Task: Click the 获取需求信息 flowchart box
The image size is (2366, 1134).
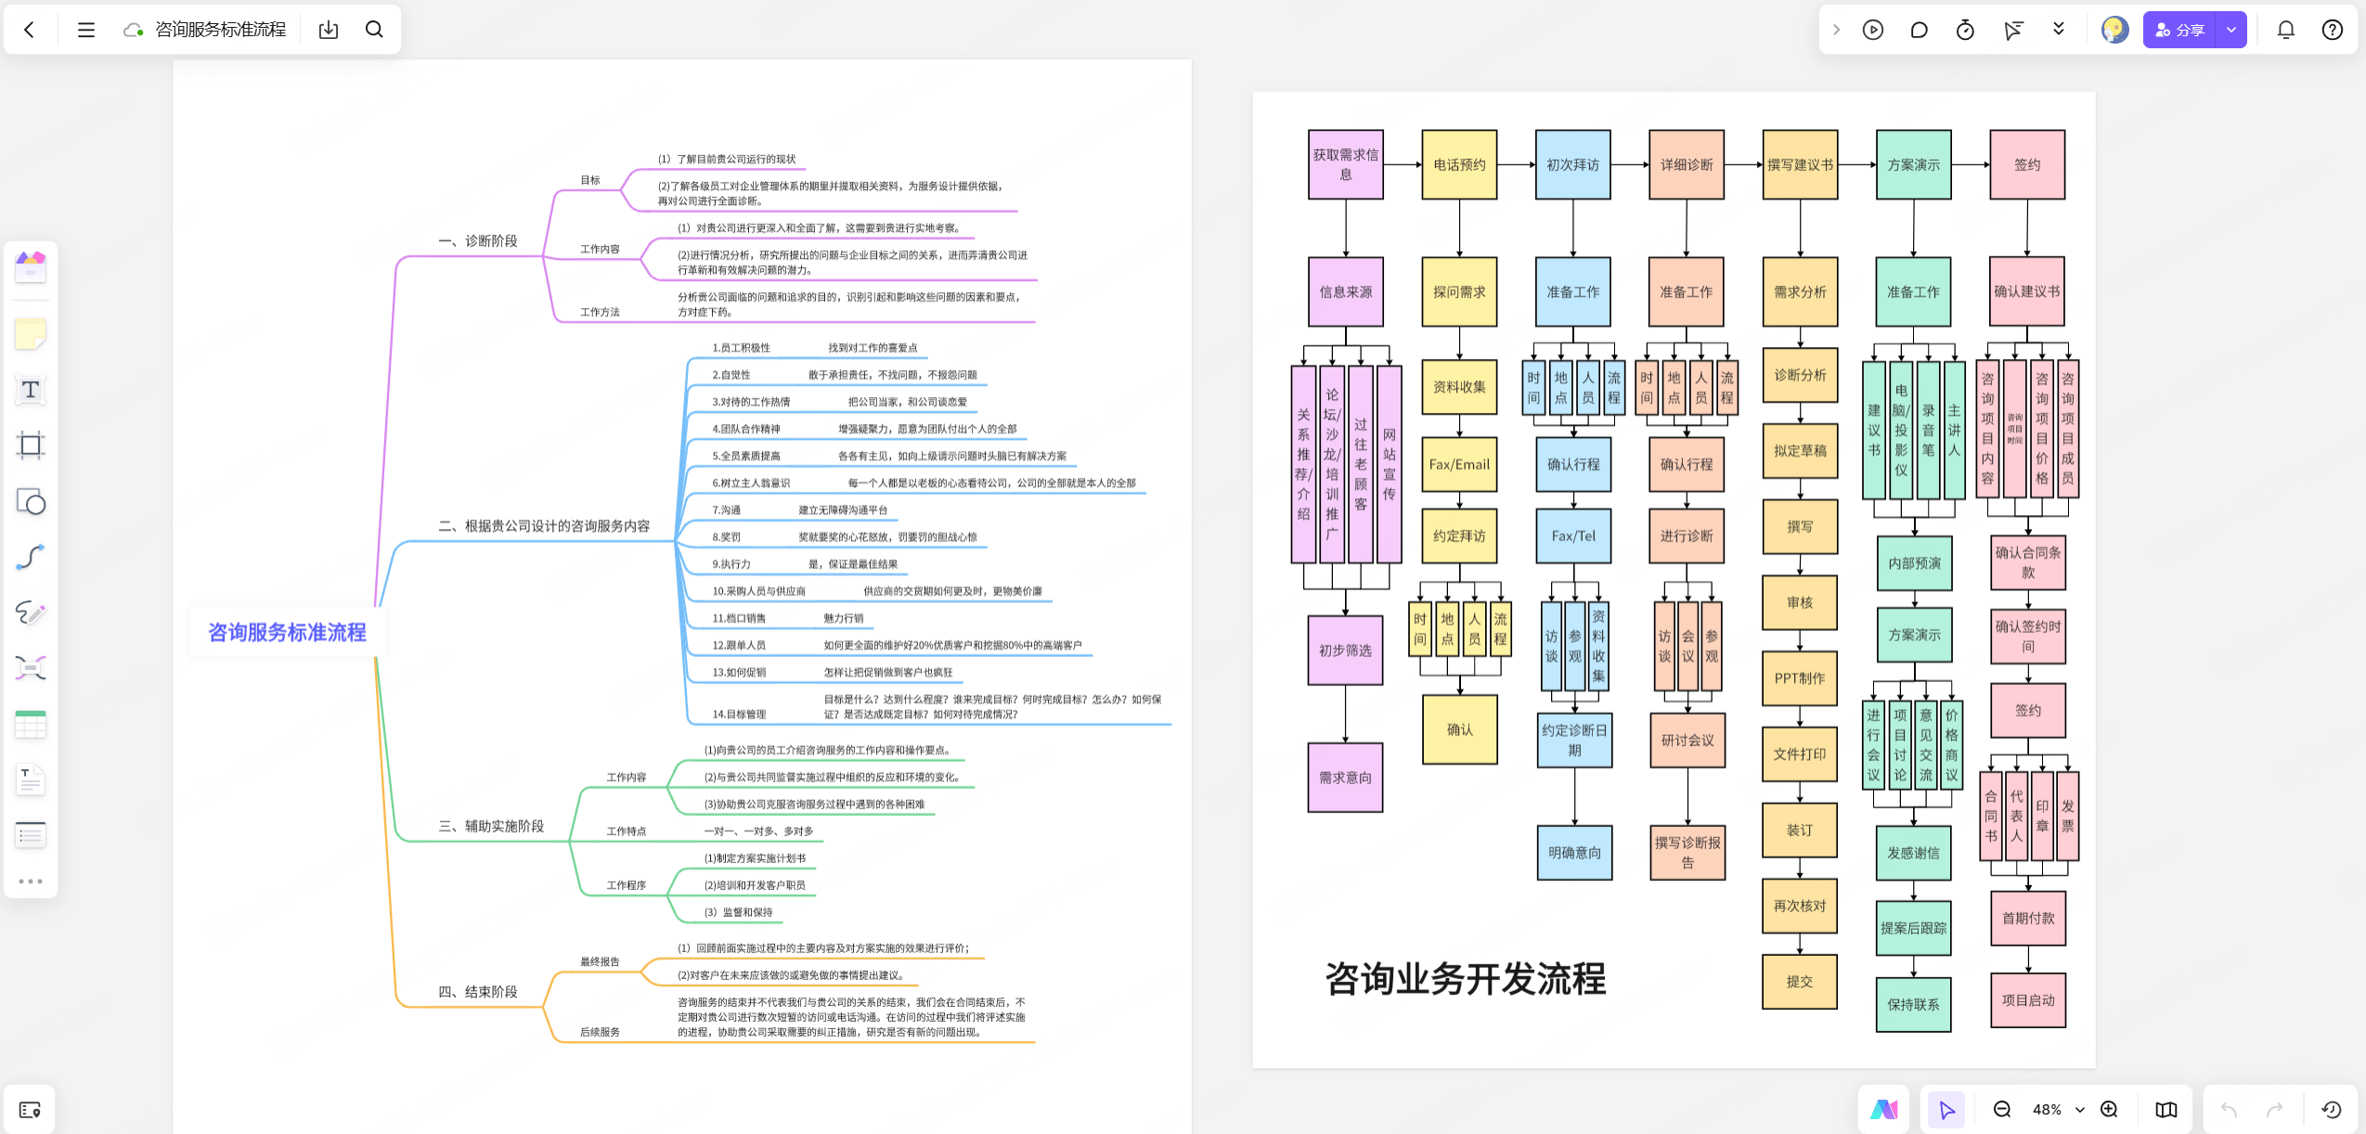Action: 1345,164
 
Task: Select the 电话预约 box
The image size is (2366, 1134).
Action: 1458,164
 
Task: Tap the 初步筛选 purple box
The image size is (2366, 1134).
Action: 1345,651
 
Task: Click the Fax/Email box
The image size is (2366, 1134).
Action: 1458,464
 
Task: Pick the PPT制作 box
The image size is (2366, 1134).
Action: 1799,678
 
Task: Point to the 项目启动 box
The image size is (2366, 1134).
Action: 2027,1000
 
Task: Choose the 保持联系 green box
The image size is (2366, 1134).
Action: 1913,1004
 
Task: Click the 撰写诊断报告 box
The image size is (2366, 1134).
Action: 1687,852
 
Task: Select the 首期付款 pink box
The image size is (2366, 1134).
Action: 2027,918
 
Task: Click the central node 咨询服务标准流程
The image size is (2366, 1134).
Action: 287,632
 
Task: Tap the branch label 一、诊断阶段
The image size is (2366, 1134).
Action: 478,241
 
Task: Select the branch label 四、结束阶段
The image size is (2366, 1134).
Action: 478,992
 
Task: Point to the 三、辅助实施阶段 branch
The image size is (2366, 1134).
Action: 491,826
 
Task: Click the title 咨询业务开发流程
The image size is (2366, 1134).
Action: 1465,979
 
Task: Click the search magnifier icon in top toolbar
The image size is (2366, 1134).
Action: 374,30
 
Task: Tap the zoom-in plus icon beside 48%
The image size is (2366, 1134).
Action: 2109,1109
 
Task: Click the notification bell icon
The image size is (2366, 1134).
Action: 2285,30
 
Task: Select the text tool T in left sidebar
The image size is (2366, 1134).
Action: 31,390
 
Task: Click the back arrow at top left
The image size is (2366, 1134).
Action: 30,30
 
